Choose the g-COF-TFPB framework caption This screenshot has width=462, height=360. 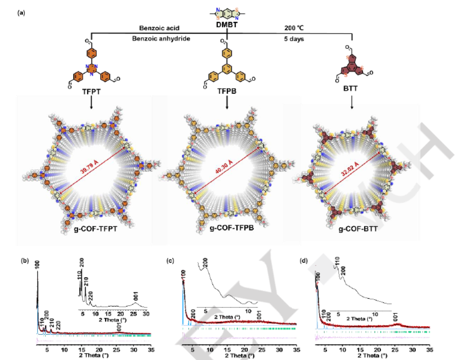tap(230, 229)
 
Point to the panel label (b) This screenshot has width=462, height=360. tap(24, 261)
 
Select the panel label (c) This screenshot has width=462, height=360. tap(169, 261)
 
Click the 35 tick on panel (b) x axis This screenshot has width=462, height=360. tap(151, 349)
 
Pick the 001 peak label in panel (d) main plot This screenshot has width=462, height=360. tap(396, 316)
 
